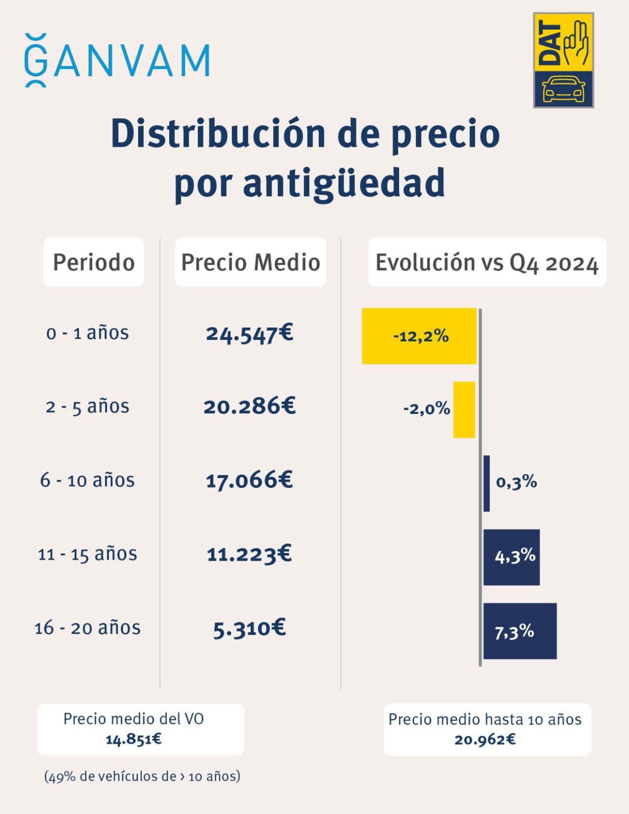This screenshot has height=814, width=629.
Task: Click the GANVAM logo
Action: coord(117,60)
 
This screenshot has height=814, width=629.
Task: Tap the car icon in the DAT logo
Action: coord(563,89)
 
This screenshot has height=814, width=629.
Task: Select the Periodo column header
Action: coord(94,262)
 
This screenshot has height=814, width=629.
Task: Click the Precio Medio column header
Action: coord(250,262)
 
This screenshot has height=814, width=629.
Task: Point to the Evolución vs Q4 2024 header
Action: coord(487,263)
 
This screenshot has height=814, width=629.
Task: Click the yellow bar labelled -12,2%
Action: coord(419,336)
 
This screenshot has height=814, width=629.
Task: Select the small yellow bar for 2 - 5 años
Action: coord(464,410)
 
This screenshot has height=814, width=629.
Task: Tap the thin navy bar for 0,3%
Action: coord(487,483)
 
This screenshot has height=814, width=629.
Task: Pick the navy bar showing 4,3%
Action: coord(511,557)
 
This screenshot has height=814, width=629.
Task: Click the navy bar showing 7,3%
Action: coord(520,631)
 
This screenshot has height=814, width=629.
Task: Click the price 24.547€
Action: coord(250,333)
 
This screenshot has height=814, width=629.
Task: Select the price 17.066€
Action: coord(250,480)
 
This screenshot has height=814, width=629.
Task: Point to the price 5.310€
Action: coord(250,628)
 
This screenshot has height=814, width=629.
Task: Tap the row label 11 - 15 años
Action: coord(87,554)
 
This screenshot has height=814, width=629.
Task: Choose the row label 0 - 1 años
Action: coord(87,333)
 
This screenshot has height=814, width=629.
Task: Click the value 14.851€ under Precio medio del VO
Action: coord(134,739)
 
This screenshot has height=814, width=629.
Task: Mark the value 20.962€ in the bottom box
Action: coord(485,740)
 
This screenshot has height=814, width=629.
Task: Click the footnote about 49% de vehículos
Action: coord(142,777)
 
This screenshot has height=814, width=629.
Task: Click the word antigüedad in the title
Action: coord(309,183)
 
